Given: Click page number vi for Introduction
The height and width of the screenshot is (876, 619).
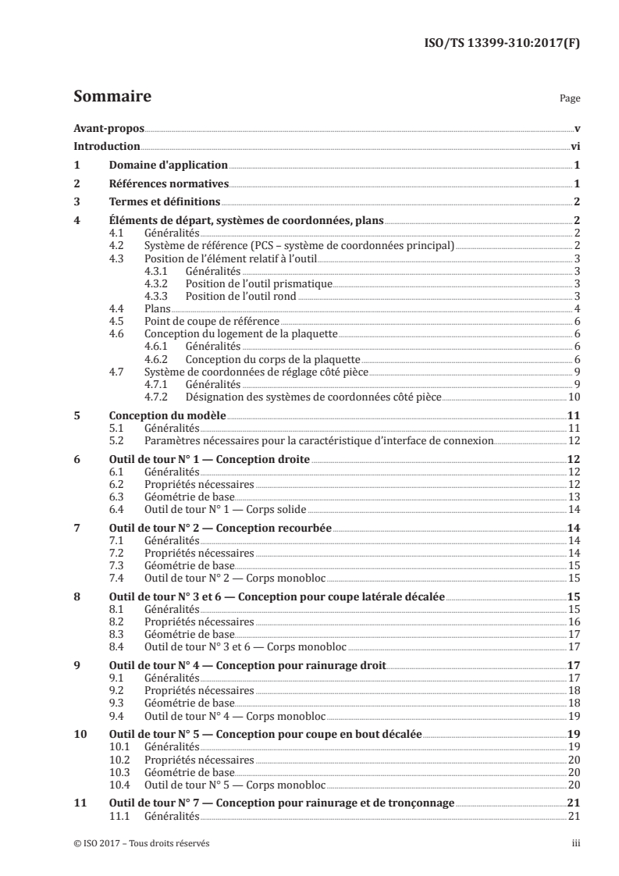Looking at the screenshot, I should pos(575,146).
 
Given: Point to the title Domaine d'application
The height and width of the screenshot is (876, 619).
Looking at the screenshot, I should pos(168,166).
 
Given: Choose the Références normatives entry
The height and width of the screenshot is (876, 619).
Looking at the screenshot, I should pos(168,184).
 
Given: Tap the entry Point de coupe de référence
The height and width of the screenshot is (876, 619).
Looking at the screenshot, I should pos(212,321).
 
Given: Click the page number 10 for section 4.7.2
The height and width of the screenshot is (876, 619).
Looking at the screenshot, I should pos(573,397).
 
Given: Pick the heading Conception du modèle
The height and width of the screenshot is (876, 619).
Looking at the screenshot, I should pos(165,416).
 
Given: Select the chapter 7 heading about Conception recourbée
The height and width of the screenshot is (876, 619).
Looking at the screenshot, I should pos(220,529).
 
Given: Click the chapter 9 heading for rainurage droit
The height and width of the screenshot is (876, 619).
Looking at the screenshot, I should pos(247,666).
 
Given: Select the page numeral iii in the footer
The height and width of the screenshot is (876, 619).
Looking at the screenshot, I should pos(575,843).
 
